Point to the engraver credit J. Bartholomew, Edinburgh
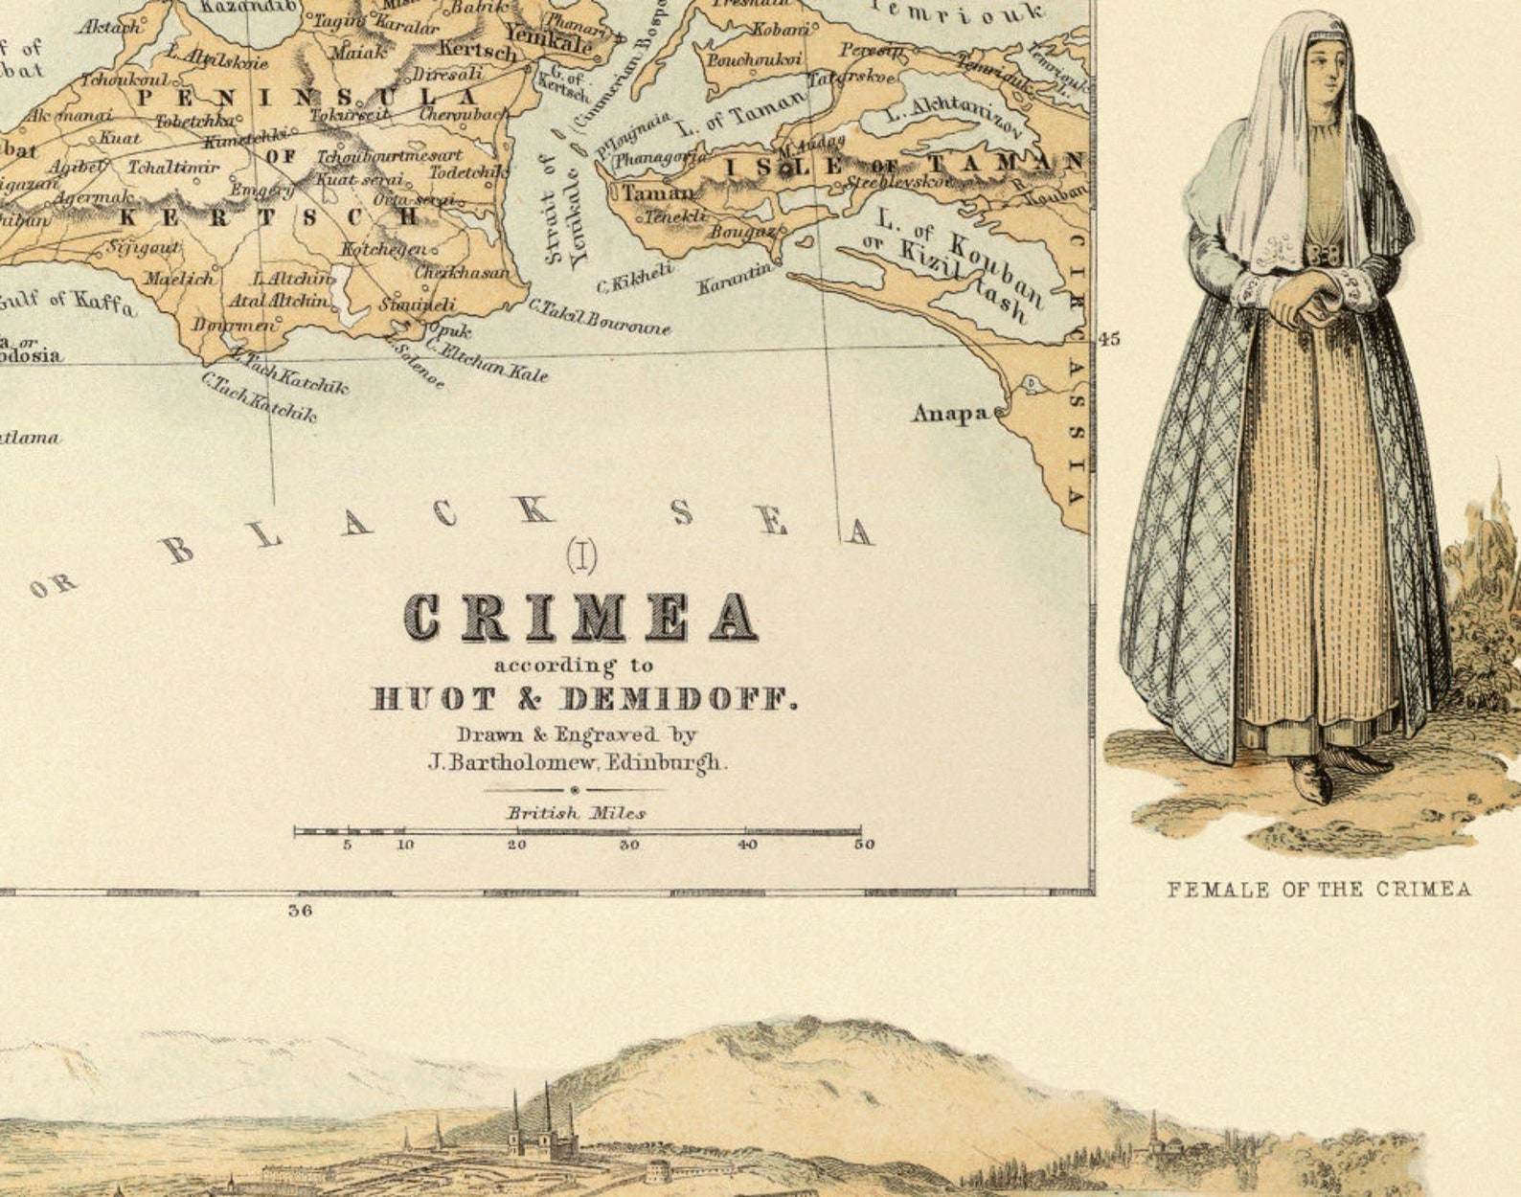(x=577, y=763)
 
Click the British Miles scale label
(x=577, y=813)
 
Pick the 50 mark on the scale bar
(x=864, y=845)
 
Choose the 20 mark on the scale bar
(x=516, y=845)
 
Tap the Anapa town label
(x=950, y=413)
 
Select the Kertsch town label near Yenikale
(x=477, y=50)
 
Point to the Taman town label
(x=659, y=192)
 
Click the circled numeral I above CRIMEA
(x=581, y=555)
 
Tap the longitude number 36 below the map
(x=300, y=911)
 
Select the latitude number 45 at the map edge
(x=1109, y=339)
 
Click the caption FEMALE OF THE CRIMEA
(x=1318, y=890)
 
